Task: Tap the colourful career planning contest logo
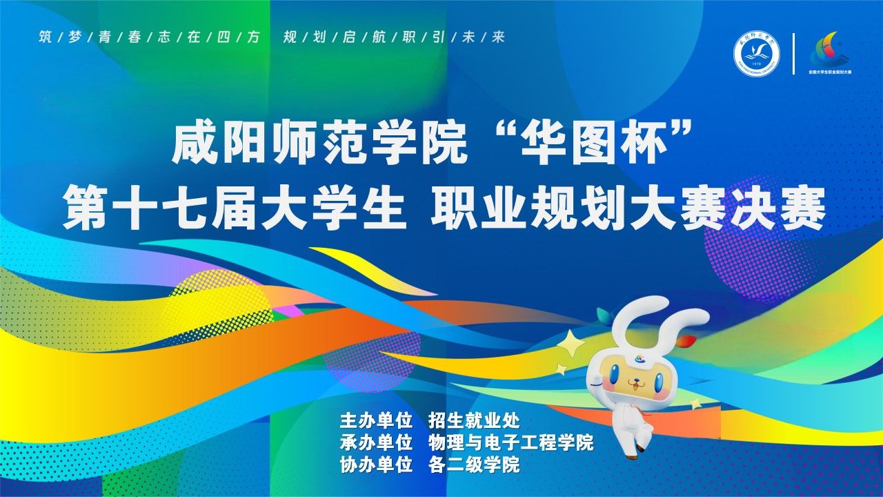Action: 829,51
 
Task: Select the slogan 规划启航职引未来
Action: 394,37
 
